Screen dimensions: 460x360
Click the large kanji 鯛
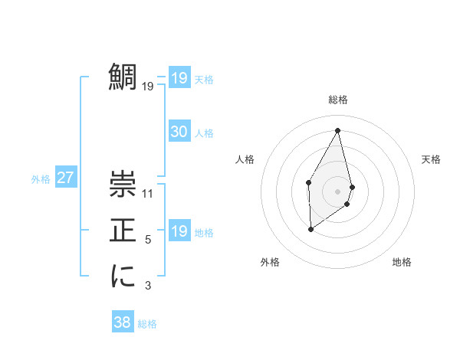tap(123, 77)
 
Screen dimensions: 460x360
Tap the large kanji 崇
tap(123, 184)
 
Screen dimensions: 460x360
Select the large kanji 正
tap(123, 230)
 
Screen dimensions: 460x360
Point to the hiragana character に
tap(123, 276)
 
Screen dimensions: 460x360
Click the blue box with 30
tap(179, 132)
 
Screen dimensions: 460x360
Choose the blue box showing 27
tap(65, 178)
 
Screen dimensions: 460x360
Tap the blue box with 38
tap(122, 322)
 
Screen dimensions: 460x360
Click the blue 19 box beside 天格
tap(179, 78)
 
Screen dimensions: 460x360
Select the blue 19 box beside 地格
tap(179, 231)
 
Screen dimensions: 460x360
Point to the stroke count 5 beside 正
tap(148, 240)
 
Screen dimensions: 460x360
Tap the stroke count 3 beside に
tap(148, 286)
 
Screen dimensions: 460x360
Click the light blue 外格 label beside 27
tap(41, 179)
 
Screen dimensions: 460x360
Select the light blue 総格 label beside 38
tap(147, 324)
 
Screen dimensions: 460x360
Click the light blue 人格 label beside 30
tap(204, 133)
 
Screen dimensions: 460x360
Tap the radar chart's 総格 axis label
tap(337, 100)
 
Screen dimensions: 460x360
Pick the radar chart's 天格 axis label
tap(432, 159)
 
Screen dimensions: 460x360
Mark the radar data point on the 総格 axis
tap(337, 130)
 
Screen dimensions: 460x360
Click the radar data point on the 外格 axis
tap(310, 228)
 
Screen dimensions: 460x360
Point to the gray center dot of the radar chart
tap(337, 191)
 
